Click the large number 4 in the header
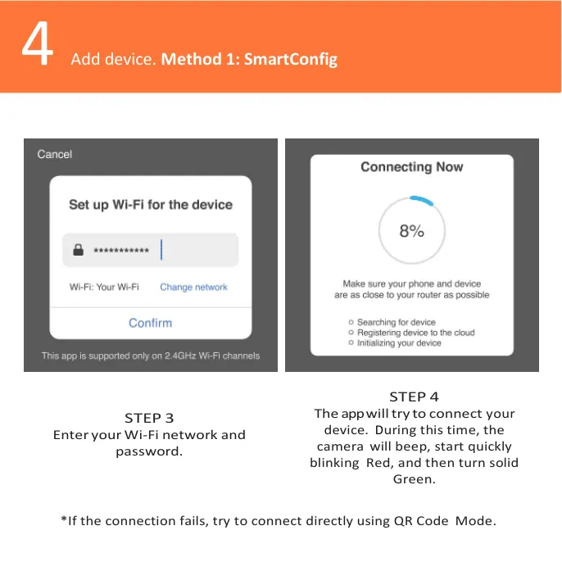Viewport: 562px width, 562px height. [37, 47]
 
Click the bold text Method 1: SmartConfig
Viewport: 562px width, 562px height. [249, 60]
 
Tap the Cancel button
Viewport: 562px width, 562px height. [55, 154]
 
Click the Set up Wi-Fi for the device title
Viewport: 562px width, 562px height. [151, 205]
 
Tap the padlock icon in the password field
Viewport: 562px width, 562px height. [79, 251]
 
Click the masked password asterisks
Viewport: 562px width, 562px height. [121, 251]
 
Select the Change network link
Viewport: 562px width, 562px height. [193, 287]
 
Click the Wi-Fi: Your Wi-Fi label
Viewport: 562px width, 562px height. [104, 287]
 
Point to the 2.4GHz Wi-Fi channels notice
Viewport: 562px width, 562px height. [151, 356]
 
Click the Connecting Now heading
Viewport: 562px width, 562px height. [411, 167]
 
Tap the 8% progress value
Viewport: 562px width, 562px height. [411, 231]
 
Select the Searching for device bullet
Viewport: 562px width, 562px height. [396, 322]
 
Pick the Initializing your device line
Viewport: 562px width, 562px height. [398, 343]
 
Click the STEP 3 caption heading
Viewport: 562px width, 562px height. [149, 418]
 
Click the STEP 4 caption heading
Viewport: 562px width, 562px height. [414, 397]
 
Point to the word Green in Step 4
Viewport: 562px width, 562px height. [414, 479]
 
